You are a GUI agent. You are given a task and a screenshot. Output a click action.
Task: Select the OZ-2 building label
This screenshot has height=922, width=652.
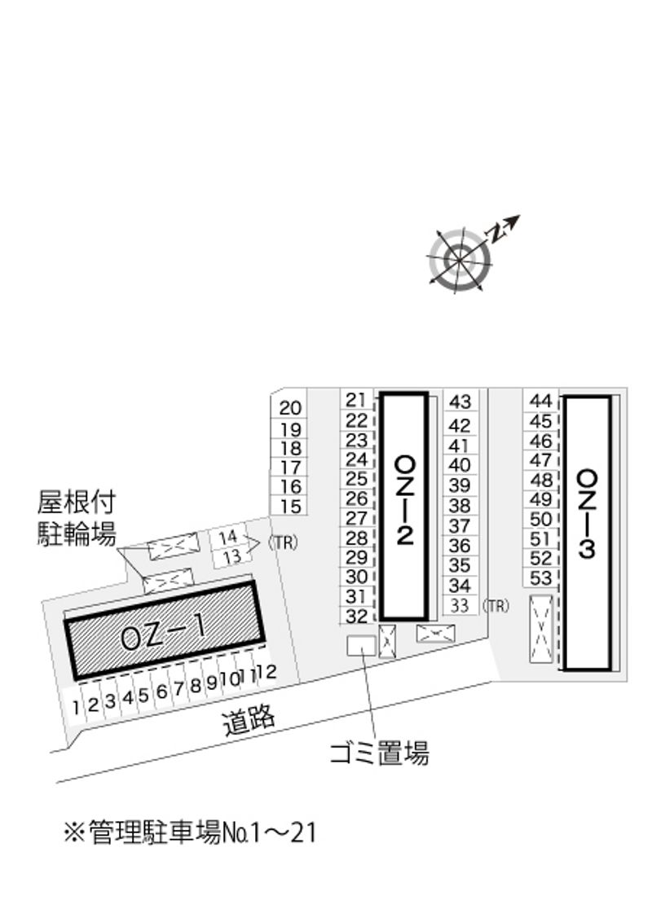405,500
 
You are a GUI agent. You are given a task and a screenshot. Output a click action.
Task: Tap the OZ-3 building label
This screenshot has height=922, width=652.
588,513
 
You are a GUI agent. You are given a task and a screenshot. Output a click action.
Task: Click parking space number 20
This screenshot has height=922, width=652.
290,407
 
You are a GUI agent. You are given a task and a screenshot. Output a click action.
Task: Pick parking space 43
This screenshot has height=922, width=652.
460,402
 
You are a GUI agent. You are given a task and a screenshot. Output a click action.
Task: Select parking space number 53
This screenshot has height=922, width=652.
541,578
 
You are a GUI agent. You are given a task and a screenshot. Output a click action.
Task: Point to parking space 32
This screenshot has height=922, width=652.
357,616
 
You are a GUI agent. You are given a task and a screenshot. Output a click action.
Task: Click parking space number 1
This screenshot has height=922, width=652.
76,707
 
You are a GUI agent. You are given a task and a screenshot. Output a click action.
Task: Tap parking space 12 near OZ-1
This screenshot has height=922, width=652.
267,671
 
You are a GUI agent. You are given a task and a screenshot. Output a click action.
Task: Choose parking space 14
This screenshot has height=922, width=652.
227,537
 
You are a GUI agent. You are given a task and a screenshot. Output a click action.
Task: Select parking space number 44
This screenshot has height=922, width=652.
541,401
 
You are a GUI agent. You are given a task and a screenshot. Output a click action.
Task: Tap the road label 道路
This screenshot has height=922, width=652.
249,721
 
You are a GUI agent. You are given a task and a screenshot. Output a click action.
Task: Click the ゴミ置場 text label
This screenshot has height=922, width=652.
380,753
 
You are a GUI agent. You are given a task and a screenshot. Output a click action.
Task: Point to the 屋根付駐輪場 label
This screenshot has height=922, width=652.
77,518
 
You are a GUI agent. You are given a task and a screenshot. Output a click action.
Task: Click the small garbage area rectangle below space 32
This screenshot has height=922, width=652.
361,646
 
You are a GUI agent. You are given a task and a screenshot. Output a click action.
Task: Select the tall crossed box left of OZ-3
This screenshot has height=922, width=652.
541,629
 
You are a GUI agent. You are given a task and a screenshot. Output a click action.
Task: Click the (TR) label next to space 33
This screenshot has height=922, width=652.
496,606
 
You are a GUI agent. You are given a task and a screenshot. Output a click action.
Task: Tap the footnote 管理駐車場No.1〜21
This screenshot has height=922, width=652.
189,832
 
